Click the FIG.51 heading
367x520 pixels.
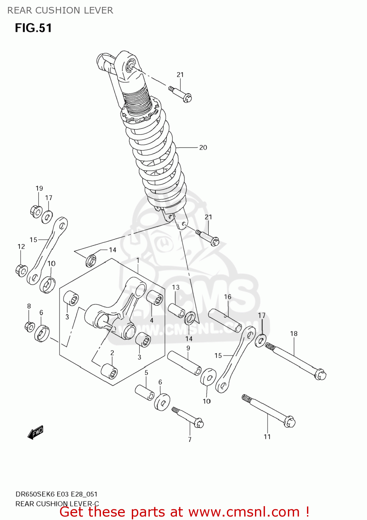point(33,28)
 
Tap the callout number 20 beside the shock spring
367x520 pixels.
point(203,148)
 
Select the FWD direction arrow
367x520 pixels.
point(35,433)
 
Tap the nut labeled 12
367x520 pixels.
point(22,270)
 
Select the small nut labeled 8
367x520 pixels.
point(30,326)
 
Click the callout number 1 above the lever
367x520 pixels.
point(138,260)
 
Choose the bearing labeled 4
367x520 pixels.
point(155,298)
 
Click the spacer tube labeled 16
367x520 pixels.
point(225,320)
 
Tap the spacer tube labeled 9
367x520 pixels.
point(184,363)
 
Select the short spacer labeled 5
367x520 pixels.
point(145,392)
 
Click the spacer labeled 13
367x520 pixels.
point(177,310)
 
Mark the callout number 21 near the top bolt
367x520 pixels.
point(180,75)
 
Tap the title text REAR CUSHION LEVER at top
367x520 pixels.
point(60,10)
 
